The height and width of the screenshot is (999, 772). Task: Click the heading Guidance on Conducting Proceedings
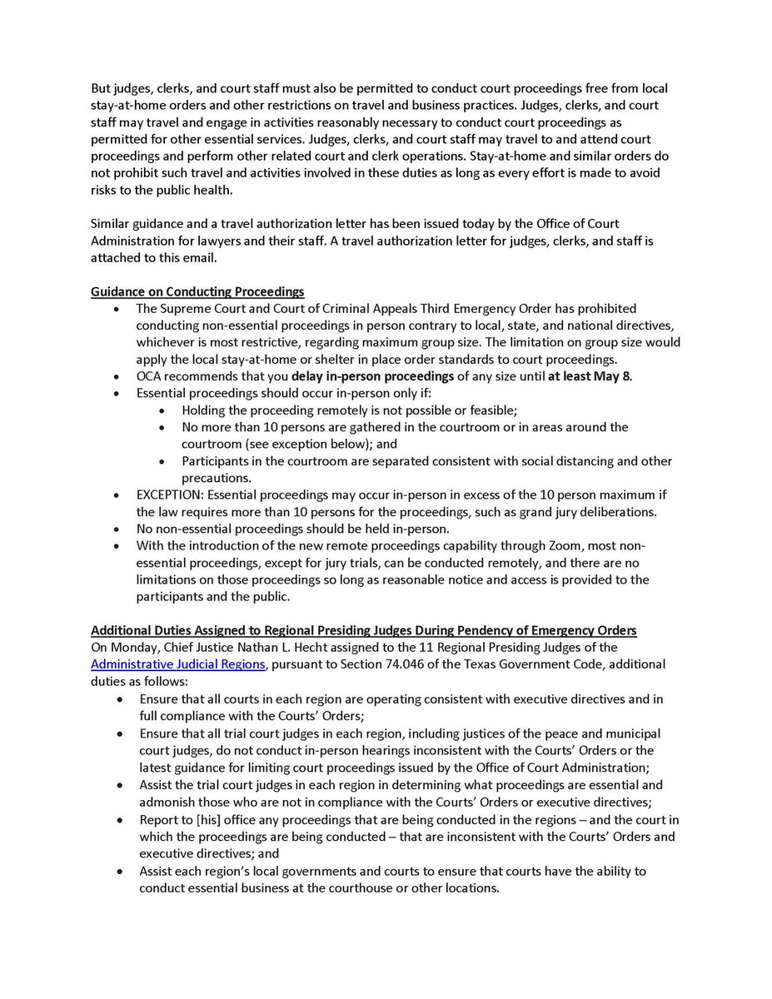pyautogui.click(x=197, y=291)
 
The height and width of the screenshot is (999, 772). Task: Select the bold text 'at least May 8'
pyautogui.click(x=589, y=375)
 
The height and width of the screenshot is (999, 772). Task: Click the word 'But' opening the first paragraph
pyautogui.click(x=102, y=88)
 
